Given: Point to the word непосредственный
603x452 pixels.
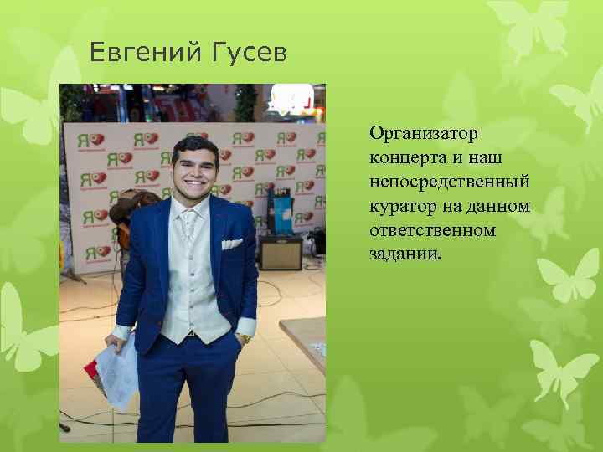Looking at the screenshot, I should click(x=450, y=182).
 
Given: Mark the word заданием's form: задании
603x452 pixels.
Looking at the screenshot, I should click(x=402, y=252).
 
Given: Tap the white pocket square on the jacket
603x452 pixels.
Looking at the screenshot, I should click(x=231, y=244).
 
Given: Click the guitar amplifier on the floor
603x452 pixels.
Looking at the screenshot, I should click(x=280, y=254).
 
